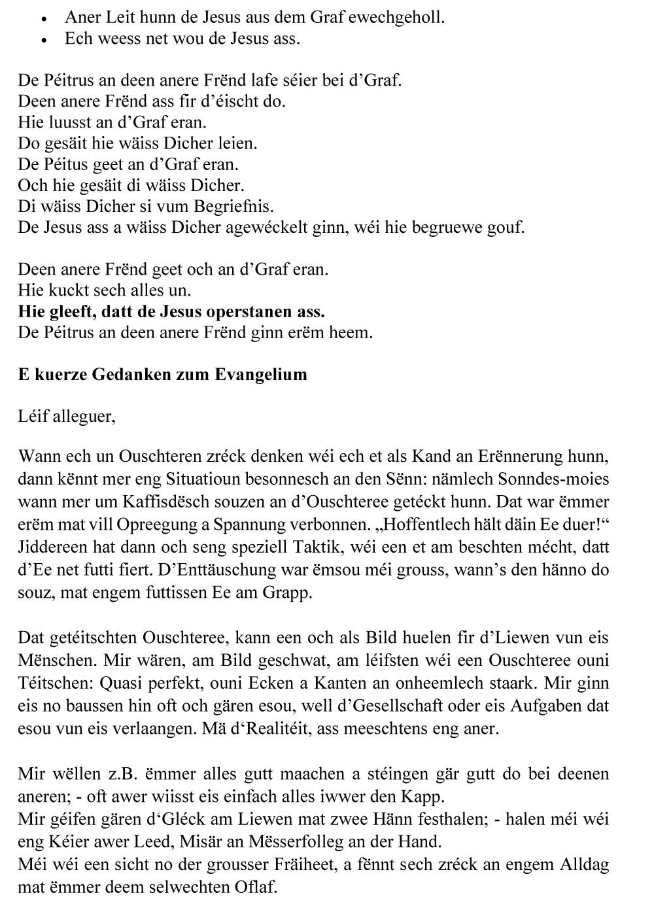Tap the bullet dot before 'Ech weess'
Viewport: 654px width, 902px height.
(44, 39)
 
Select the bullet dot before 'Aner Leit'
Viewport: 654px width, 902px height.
(44, 18)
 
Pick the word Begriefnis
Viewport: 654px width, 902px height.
(233, 206)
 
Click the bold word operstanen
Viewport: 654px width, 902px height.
(252, 311)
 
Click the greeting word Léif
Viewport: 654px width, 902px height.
(33, 417)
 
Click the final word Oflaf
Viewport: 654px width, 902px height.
(254, 888)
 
